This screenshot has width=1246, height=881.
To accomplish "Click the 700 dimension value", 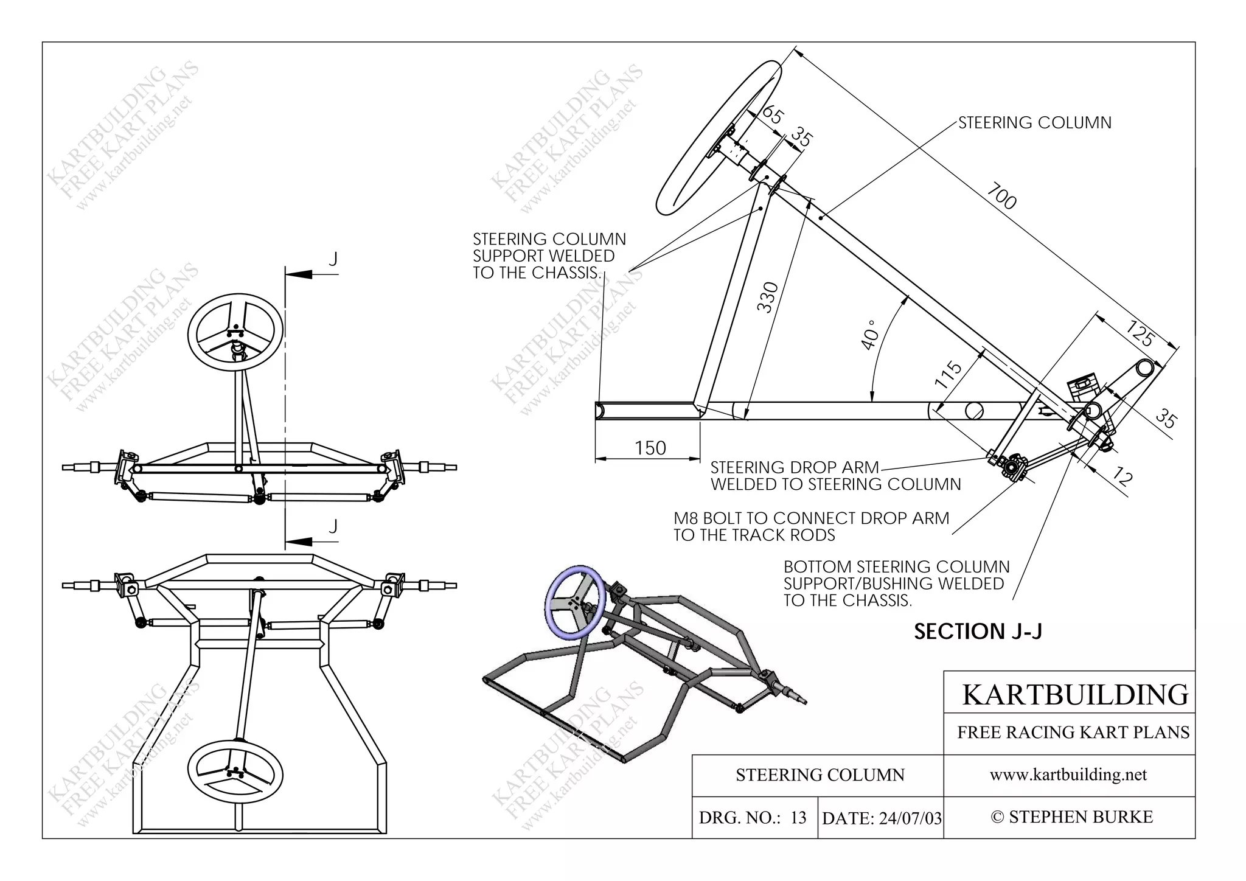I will (x=1002, y=196).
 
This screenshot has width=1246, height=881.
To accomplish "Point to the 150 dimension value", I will (x=650, y=448).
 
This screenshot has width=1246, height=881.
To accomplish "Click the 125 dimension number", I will (x=1139, y=333).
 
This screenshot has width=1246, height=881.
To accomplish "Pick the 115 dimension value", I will (x=948, y=375).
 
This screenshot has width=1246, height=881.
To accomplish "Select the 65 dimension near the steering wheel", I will (x=773, y=115).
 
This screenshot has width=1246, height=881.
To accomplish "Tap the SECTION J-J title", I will (x=978, y=632).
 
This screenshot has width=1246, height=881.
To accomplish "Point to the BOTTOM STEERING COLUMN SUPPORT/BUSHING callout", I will (x=896, y=583).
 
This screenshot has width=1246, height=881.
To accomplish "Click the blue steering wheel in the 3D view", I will (x=575, y=603).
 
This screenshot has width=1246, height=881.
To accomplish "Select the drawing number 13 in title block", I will (x=798, y=818).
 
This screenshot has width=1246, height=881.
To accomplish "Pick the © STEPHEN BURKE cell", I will (x=1071, y=817).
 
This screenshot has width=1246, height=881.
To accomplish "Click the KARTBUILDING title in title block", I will (x=1074, y=694).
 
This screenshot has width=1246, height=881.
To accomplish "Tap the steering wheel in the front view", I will (x=235, y=332).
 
